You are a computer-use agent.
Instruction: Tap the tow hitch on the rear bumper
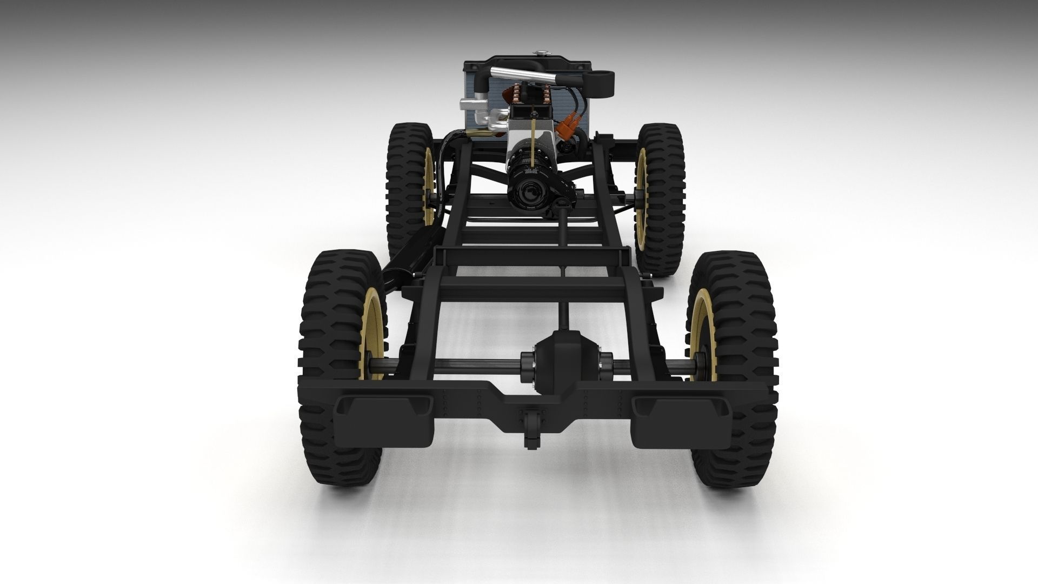(528, 428)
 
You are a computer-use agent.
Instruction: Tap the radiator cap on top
(541, 53)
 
